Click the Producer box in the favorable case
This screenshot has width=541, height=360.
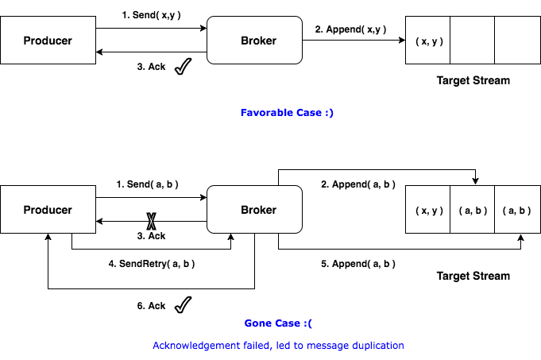(48, 41)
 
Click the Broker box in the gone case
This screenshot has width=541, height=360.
(254, 210)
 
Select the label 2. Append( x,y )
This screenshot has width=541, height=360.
(350, 29)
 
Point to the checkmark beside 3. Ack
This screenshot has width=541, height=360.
(184, 68)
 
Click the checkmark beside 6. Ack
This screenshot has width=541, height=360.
(184, 305)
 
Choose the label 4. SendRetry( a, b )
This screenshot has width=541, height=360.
(151, 263)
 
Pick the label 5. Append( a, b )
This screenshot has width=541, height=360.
(357, 263)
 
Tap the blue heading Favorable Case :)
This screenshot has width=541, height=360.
(287, 113)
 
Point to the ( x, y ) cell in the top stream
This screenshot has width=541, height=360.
(428, 40)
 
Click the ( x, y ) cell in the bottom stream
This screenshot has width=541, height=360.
(428, 210)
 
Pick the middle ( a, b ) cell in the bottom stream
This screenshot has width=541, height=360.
(472, 210)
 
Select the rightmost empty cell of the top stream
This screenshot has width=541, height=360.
(516, 40)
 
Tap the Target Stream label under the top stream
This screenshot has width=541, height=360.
(473, 80)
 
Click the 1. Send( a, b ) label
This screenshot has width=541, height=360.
(147, 184)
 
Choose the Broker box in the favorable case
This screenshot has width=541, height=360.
(254, 41)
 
